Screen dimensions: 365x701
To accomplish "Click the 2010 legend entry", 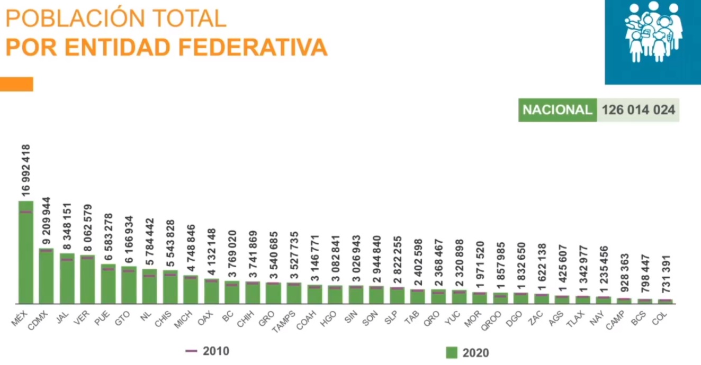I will pos(207,351).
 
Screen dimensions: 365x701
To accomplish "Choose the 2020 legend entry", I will pos(468,352).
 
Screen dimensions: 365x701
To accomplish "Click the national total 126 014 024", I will pos(638,110).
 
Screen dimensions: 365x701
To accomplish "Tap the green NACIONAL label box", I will pos(557,110).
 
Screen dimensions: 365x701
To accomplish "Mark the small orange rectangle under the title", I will pos(16,84).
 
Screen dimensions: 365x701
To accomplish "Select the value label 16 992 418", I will pos(26,170).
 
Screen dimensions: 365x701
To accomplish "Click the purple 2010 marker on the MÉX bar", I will pos(26,212).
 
